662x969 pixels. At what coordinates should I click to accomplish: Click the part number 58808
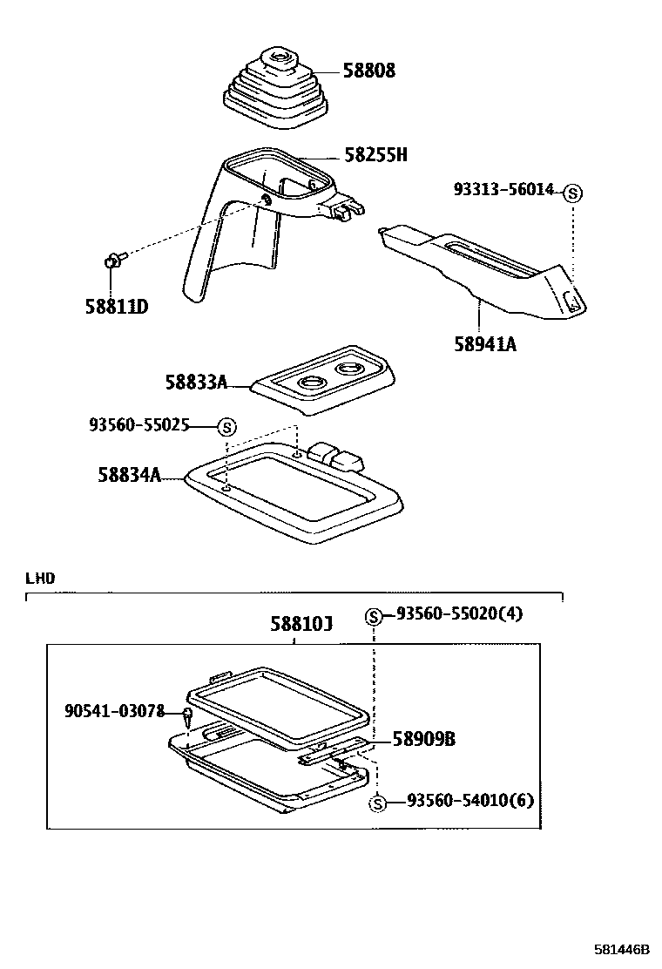pyautogui.click(x=368, y=71)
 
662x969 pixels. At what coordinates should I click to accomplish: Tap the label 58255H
pyautogui.click(x=375, y=156)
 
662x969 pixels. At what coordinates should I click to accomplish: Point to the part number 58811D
pyautogui.click(x=117, y=307)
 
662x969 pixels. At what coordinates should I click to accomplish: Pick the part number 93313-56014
pyautogui.click(x=503, y=189)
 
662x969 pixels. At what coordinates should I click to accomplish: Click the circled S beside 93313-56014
pyautogui.click(x=572, y=193)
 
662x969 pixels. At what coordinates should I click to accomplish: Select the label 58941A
pyautogui.click(x=484, y=344)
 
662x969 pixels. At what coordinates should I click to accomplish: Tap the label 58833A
pyautogui.click(x=196, y=382)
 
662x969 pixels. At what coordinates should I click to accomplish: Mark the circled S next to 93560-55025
pyautogui.click(x=226, y=427)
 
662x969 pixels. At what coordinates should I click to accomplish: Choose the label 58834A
pyautogui.click(x=129, y=475)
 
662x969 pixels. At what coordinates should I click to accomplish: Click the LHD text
pyautogui.click(x=40, y=578)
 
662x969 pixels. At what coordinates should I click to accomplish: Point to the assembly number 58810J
pyautogui.click(x=301, y=624)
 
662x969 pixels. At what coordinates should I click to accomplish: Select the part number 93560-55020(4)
pyautogui.click(x=459, y=613)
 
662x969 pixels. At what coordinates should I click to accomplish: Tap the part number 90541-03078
pyautogui.click(x=115, y=711)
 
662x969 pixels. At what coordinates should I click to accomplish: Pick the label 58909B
pyautogui.click(x=424, y=739)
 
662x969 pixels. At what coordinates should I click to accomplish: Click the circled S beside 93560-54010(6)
pyautogui.click(x=377, y=803)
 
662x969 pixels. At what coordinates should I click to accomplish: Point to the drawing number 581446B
pyautogui.click(x=622, y=949)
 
